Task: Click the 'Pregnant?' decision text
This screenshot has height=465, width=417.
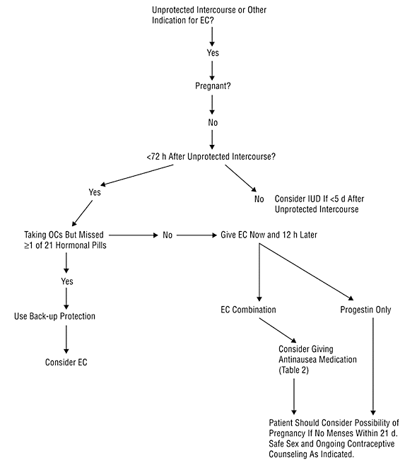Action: pyautogui.click(x=213, y=86)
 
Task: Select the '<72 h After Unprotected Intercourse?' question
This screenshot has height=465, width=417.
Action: pyautogui.click(x=211, y=156)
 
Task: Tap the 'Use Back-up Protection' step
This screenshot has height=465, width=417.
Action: pyautogui.click(x=54, y=316)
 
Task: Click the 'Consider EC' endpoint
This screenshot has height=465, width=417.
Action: pyautogui.click(x=66, y=362)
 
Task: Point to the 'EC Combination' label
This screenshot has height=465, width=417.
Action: pyautogui.click(x=248, y=310)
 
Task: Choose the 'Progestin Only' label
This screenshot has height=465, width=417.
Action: pyautogui.click(x=365, y=310)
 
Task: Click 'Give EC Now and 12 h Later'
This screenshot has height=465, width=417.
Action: pyautogui.click(x=269, y=235)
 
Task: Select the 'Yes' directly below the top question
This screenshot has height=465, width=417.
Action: pyautogui.click(x=213, y=53)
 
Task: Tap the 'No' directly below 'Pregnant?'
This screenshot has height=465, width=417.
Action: pyautogui.click(x=213, y=122)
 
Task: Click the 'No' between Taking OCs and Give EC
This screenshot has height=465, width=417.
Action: pyautogui.click(x=168, y=235)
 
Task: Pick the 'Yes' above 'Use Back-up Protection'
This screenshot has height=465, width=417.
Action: pyautogui.click(x=67, y=281)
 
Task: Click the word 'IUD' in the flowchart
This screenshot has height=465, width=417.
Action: pyautogui.click(x=314, y=199)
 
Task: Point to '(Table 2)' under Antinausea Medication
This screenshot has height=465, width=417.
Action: pyautogui.click(x=293, y=370)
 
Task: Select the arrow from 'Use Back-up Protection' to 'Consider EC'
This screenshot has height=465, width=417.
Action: pyautogui.click(x=66, y=339)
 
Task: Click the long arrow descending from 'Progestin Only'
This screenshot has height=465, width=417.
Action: pyautogui.click(x=373, y=366)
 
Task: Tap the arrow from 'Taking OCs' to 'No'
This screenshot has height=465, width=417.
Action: pyautogui.click(x=134, y=235)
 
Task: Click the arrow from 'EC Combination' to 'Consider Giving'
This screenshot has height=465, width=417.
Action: pyautogui.click(x=278, y=330)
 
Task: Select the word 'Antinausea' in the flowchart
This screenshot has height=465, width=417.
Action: pyautogui.click(x=297, y=360)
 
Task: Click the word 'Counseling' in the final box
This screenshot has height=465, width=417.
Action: pyautogui.click(x=287, y=454)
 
